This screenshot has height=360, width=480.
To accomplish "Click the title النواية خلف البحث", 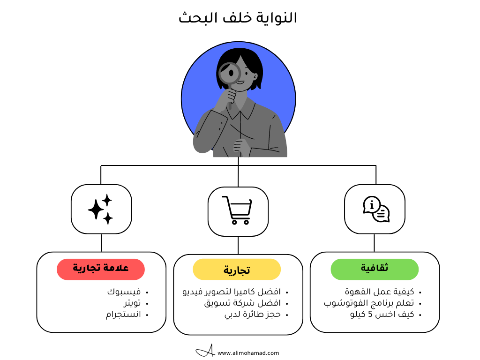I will coord(238,18).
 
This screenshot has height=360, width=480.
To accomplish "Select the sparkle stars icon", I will coord(101,209).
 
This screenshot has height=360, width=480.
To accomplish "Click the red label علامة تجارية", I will coord(101,269).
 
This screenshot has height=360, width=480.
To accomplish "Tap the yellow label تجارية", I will coord(237,270).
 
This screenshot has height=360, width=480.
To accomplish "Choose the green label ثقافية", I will coord(375,269).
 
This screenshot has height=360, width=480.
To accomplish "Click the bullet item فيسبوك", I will coord(124,292).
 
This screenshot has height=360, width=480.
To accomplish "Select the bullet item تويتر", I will coord(129,303).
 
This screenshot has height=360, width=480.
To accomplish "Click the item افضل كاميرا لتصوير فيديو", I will coord(232,292).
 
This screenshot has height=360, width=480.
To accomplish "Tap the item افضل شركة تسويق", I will coord(242,303).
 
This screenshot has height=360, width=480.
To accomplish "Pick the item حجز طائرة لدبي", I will coord(253,315).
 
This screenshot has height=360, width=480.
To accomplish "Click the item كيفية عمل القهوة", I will coord(379,292).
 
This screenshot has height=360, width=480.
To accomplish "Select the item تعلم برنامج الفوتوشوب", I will coord(369,303).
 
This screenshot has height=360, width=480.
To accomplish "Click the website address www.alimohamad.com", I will coord(248,353).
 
